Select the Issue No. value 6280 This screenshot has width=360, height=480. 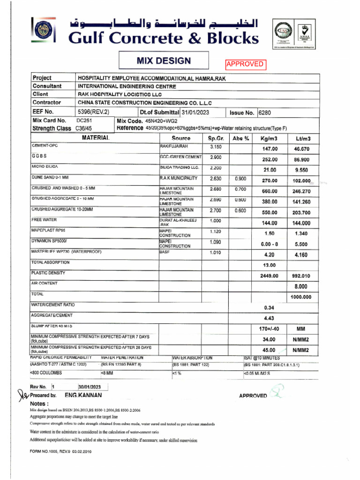[265, 112]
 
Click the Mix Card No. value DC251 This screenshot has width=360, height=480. [84, 120]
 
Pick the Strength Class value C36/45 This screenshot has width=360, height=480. [84, 128]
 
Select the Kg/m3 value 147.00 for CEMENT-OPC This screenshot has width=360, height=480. [269, 149]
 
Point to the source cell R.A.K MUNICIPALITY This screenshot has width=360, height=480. [179, 178]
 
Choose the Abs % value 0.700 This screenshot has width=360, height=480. [240, 189]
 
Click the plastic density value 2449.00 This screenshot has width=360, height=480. [269, 276]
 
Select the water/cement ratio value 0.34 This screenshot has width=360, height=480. [269, 308]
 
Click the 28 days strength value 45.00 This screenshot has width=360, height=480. [269, 350]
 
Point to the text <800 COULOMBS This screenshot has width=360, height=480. [45, 373]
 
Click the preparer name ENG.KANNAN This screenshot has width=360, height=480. [83, 395]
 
